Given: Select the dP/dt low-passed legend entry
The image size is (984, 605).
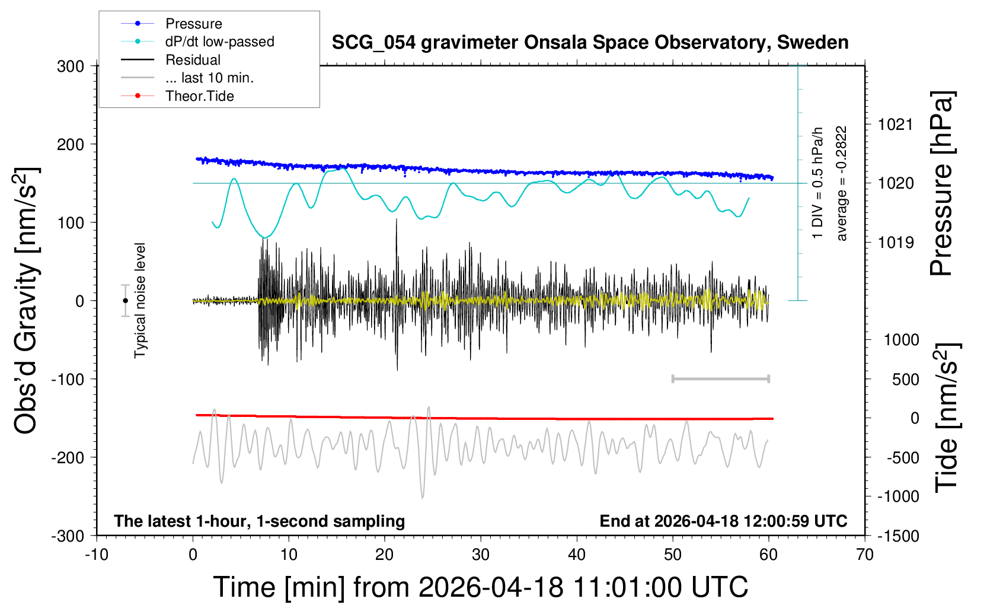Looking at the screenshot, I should click(x=219, y=42).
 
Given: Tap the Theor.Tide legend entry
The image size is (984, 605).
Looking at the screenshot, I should click(x=199, y=96).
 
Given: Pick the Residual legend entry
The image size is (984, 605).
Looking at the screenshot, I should click(x=193, y=60).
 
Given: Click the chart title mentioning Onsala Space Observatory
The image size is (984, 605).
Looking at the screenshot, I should click(x=590, y=43).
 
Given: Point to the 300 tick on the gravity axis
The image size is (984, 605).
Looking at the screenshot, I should click(x=71, y=66).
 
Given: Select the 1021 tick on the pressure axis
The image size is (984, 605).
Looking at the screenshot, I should click(x=896, y=125).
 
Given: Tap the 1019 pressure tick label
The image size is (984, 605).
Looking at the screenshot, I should click(x=896, y=242).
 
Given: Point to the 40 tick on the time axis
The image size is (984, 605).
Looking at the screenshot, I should click(x=577, y=555).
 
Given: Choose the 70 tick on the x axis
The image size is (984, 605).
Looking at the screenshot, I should click(x=865, y=555).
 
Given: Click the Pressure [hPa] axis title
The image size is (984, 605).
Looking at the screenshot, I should click(x=941, y=183).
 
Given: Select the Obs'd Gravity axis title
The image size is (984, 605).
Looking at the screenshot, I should click(x=27, y=301).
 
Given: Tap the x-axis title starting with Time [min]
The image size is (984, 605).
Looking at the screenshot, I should click(x=480, y=587).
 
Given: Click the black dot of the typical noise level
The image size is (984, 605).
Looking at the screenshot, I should click(x=126, y=301).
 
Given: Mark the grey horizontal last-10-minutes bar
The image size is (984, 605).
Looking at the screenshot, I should click(x=720, y=378).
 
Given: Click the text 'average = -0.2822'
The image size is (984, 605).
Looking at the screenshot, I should click(x=842, y=183).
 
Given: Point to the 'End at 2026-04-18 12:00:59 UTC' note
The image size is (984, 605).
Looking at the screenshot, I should click(x=723, y=521).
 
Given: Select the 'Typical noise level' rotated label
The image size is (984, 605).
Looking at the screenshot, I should click(x=140, y=301).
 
